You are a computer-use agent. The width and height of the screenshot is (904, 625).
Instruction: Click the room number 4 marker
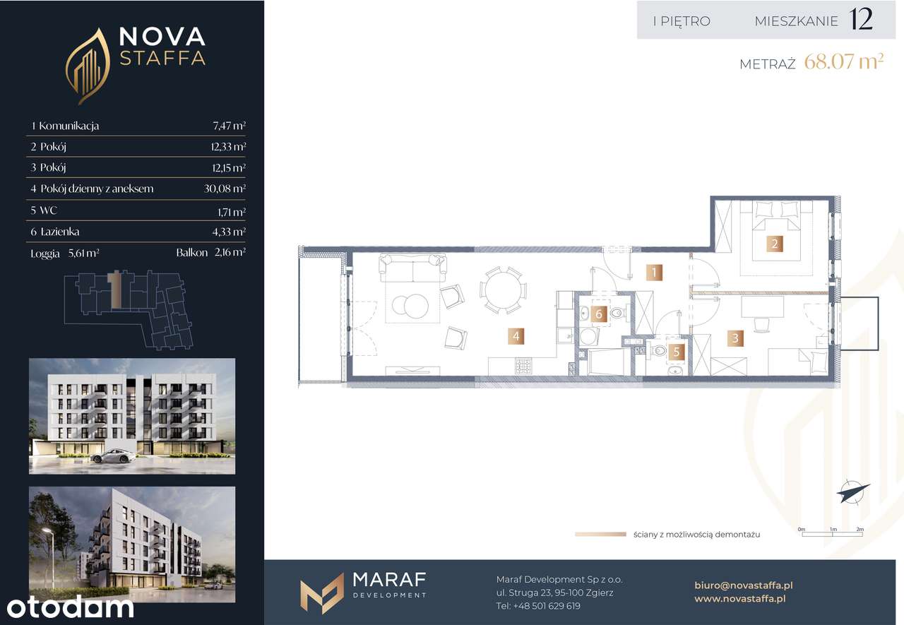pos(516,336)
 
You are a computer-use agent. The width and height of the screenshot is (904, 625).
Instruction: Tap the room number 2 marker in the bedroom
pos(775,244)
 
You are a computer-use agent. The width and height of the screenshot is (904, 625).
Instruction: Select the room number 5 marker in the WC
pos(677,352)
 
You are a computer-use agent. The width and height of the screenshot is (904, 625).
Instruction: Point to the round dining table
pos(503,290)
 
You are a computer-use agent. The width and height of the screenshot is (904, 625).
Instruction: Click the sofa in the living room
pos(412,268)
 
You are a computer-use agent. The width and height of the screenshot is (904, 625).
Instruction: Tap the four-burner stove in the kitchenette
pos(523,367)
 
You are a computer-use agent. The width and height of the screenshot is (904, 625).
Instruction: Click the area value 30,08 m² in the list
pos(225,189)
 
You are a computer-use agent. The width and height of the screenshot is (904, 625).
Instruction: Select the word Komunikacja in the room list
pos(69,126)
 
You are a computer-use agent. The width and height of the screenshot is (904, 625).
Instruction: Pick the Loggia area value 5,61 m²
pos(84,253)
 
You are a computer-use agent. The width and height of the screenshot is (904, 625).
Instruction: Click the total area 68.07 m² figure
pos(844,61)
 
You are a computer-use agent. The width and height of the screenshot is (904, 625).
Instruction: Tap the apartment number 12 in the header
pos(861,19)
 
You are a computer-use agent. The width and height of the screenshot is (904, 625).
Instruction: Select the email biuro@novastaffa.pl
pos(744,585)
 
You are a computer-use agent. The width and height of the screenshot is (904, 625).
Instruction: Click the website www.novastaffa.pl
pos(740,599)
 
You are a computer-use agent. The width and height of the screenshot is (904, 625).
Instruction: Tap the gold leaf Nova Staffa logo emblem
pos(88,66)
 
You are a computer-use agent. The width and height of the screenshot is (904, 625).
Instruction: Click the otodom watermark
pos(70,607)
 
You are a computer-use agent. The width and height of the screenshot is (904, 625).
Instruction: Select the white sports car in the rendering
pos(112,456)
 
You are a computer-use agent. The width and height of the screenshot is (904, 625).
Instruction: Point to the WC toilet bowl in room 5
pos(659,350)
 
